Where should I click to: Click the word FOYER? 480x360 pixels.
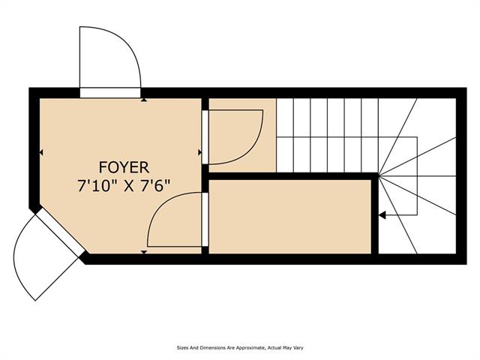124,167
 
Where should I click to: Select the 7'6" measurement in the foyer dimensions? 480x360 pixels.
155,186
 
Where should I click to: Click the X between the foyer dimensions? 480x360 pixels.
129,186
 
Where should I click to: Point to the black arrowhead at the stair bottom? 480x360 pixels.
382,215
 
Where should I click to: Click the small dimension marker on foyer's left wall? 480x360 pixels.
41,152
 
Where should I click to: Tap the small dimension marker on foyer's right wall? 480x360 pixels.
199,152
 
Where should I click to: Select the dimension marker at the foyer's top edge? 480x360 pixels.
143,100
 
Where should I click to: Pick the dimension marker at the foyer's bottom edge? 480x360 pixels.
143,252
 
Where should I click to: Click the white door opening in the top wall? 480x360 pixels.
110,93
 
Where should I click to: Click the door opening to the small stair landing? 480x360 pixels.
205,137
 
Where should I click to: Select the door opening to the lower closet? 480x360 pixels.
205,219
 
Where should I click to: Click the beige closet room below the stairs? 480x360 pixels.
290,217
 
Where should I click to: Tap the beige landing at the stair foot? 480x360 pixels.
242,135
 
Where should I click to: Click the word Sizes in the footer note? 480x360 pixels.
182,348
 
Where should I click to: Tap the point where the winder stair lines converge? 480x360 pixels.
379,176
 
